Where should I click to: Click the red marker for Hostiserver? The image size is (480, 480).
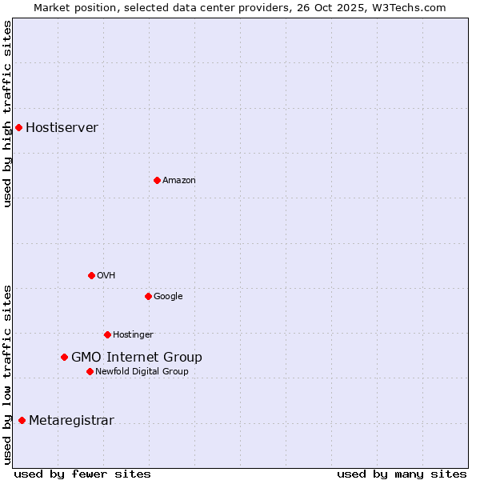tap(18, 127)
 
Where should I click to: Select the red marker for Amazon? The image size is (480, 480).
tap(157, 180)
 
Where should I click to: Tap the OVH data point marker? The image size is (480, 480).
tap(91, 275)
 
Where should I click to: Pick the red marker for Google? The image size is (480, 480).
tap(148, 296)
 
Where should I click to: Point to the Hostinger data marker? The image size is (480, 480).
tap(107, 334)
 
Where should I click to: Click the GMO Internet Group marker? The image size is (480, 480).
tap(64, 357)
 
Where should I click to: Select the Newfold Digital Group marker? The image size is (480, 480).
tap(90, 371)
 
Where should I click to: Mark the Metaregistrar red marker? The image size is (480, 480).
tap(22, 420)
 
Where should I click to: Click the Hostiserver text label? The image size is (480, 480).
tap(62, 127)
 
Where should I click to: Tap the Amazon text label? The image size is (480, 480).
tap(178, 180)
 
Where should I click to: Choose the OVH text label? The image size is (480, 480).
tap(106, 275)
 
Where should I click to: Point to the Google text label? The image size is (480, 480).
tap(168, 296)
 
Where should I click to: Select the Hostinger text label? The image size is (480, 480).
tap(133, 334)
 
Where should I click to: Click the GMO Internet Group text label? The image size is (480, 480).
tap(136, 357)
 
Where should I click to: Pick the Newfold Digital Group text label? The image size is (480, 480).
tap(142, 371)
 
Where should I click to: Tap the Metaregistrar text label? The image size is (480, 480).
tap(71, 420)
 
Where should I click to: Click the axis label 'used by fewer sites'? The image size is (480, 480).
tap(82, 474)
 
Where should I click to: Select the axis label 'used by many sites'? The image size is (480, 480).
tap(402, 474)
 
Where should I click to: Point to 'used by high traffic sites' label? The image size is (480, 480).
tap(7, 114)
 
